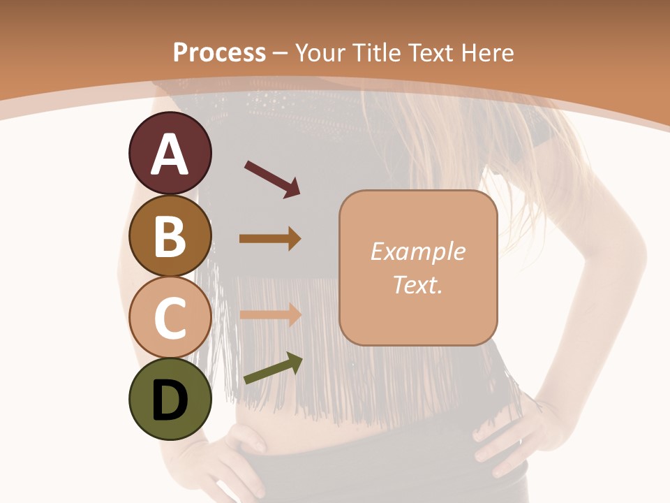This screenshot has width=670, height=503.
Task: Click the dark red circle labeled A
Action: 170,154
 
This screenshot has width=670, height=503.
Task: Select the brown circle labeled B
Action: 170,235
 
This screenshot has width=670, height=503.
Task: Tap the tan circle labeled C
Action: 170,317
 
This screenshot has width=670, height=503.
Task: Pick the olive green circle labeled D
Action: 170,399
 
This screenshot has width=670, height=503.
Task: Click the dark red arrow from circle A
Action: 272,179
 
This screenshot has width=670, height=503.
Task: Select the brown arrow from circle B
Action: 270,239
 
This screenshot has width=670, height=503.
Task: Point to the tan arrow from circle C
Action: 270,314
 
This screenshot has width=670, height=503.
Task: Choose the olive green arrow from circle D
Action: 273,368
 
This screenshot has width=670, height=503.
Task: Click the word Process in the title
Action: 219,52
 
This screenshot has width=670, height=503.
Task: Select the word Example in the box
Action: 417,251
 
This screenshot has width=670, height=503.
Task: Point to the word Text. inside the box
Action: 417,284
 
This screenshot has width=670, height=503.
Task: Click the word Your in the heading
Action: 320,52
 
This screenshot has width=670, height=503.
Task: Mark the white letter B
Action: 170,235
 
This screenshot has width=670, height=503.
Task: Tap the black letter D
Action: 170,400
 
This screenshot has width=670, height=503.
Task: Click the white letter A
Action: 170,154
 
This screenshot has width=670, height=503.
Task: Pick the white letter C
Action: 170,318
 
